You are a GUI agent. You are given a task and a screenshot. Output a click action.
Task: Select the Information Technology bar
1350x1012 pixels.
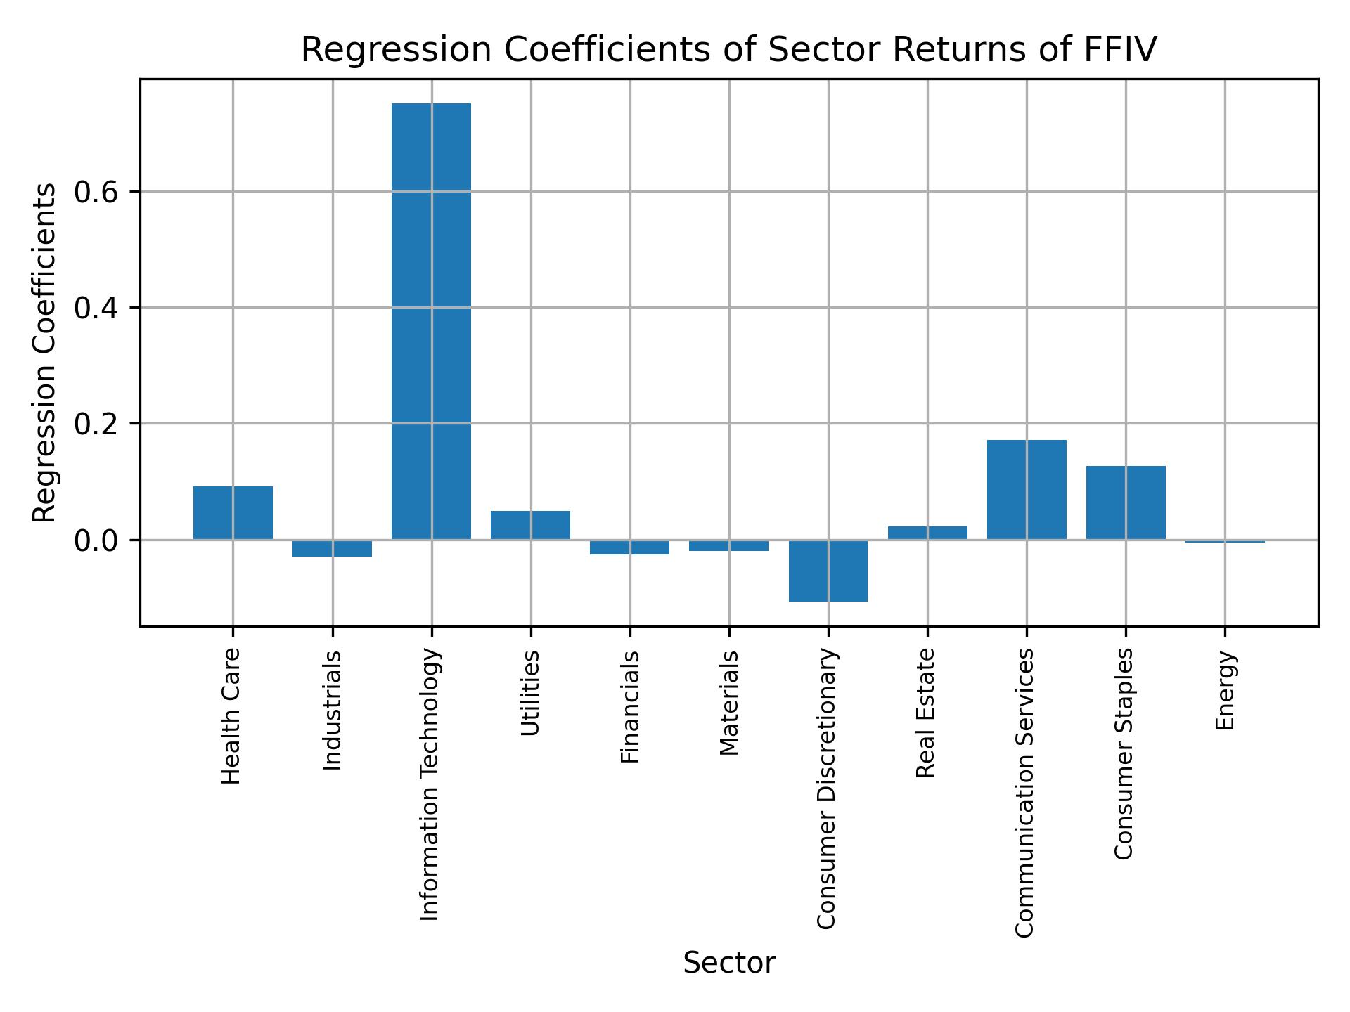(431, 321)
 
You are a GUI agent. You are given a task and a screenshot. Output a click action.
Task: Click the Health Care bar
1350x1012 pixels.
(233, 513)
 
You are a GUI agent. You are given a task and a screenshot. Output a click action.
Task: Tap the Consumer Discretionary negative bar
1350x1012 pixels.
(828, 571)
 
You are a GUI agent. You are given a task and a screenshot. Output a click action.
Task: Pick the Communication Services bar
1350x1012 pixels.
(1027, 490)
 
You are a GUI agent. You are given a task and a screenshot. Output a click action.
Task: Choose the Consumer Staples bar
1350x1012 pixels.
(1126, 502)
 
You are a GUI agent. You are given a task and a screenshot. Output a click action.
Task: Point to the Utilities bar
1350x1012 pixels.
(530, 525)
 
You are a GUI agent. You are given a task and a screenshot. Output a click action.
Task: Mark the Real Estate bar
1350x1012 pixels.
(927, 533)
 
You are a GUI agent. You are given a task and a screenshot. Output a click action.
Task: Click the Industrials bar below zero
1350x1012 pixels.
(332, 548)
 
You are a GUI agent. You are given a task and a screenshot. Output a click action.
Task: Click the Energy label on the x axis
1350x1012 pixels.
(1226, 691)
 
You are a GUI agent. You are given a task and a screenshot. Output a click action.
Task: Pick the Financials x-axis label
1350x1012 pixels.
(630, 706)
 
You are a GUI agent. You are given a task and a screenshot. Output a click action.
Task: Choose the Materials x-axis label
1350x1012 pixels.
(730, 703)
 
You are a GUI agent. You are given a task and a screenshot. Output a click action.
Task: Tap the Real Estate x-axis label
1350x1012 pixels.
(927, 713)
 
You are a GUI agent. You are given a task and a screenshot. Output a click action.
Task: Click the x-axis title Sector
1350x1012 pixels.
(729, 963)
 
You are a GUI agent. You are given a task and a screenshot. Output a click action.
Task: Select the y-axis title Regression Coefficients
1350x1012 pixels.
(45, 353)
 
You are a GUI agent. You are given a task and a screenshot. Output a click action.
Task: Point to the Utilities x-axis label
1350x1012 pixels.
(531, 693)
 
